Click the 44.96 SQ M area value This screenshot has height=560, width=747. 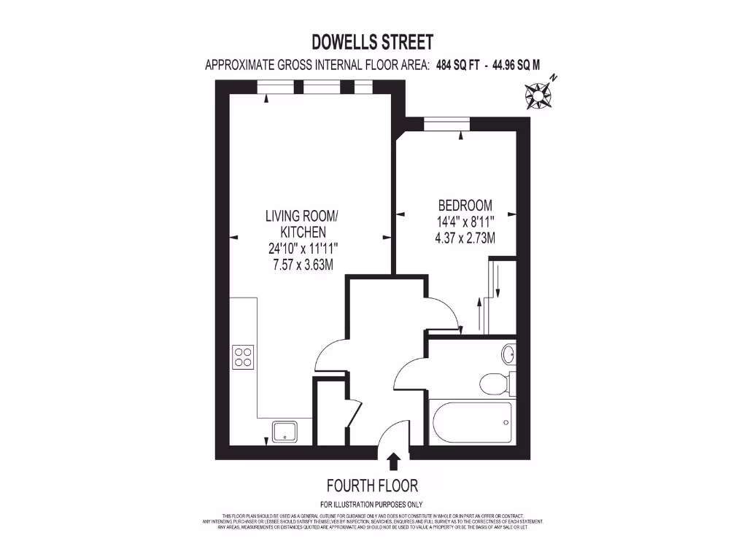click(x=516, y=65)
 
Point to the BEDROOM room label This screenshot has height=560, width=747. click(x=465, y=206)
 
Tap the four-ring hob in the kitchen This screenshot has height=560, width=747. click(x=243, y=356)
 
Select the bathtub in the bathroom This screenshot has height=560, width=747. click(x=471, y=422)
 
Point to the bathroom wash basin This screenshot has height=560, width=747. click(x=508, y=354)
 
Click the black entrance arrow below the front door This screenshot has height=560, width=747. click(x=393, y=462)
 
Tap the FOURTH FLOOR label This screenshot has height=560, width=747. click(x=372, y=486)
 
